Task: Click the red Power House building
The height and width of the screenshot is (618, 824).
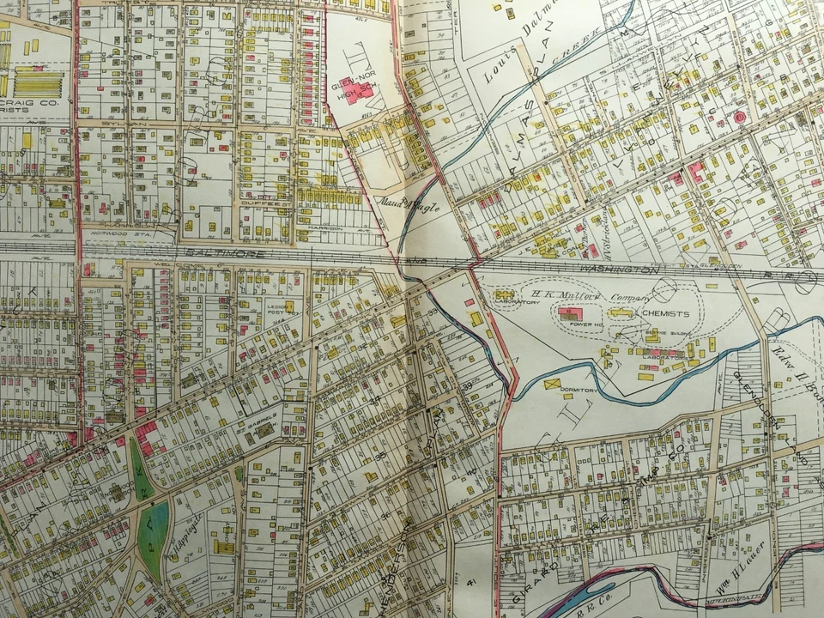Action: [570, 316]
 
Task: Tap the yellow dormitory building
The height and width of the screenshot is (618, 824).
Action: [551, 383]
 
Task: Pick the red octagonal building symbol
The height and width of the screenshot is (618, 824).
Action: [738, 116]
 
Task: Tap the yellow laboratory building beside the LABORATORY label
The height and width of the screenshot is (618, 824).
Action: [502, 294]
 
